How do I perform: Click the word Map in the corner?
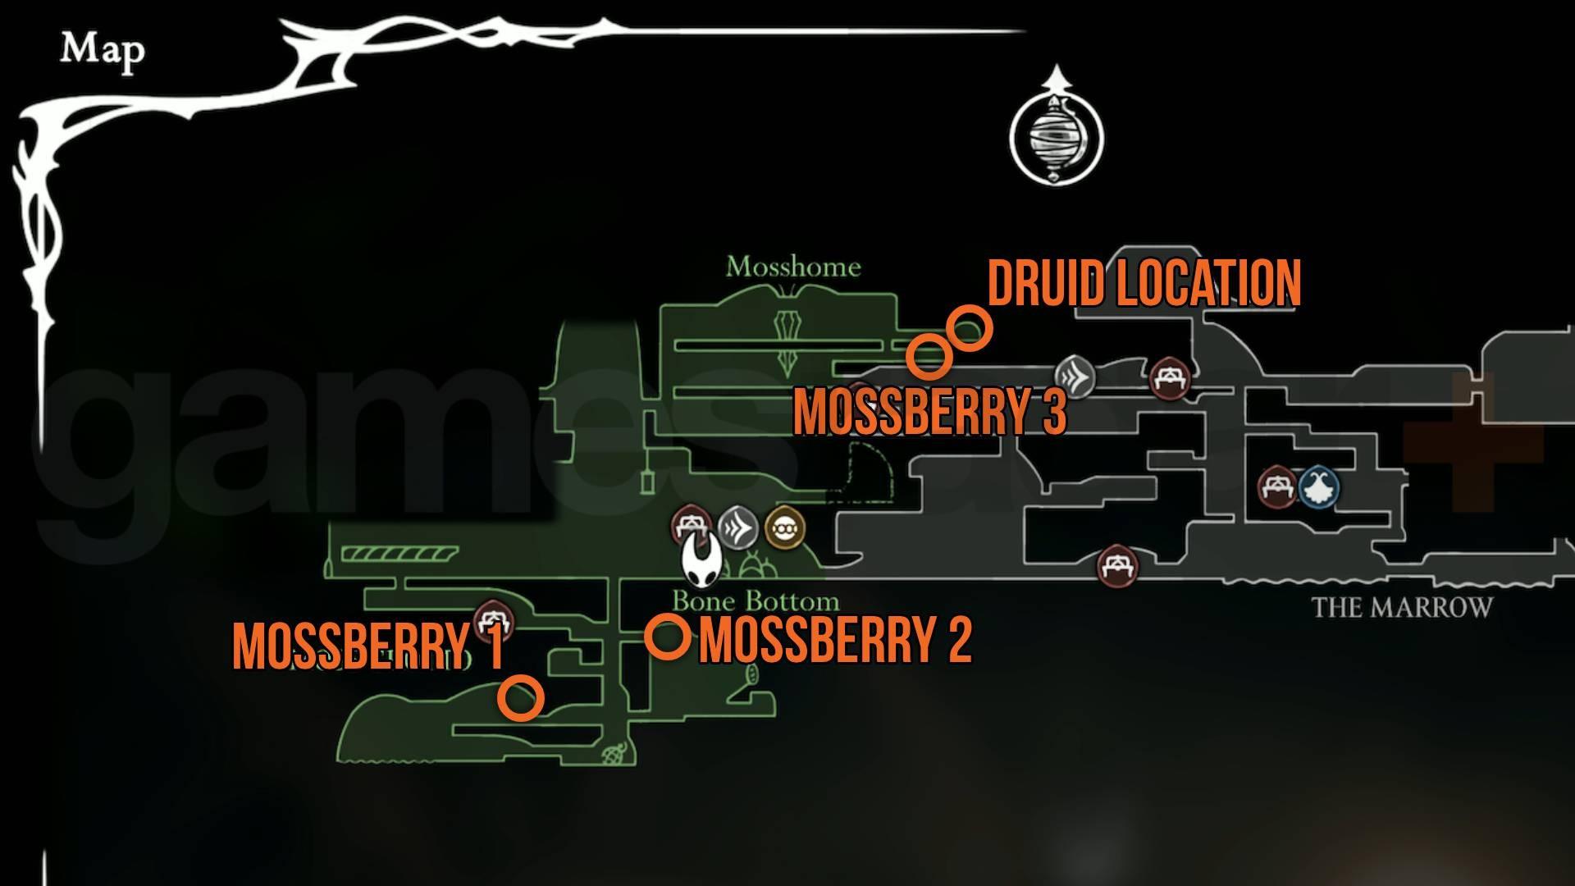102,52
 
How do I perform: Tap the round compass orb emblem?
1056,135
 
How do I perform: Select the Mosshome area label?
793,267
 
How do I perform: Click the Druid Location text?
1144,285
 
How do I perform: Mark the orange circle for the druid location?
970,328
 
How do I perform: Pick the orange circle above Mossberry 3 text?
929,356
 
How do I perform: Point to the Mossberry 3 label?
929,411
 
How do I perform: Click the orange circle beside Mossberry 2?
667,637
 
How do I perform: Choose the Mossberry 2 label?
835,640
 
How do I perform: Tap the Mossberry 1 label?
368,647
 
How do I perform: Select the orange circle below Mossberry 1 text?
520,698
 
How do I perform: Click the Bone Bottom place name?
756,602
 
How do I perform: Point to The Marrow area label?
1401,608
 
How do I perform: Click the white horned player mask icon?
701,563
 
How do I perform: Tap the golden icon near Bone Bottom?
784,529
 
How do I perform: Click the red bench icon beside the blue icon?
1277,486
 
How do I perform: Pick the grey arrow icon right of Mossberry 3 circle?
1075,378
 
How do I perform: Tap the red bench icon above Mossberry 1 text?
494,619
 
